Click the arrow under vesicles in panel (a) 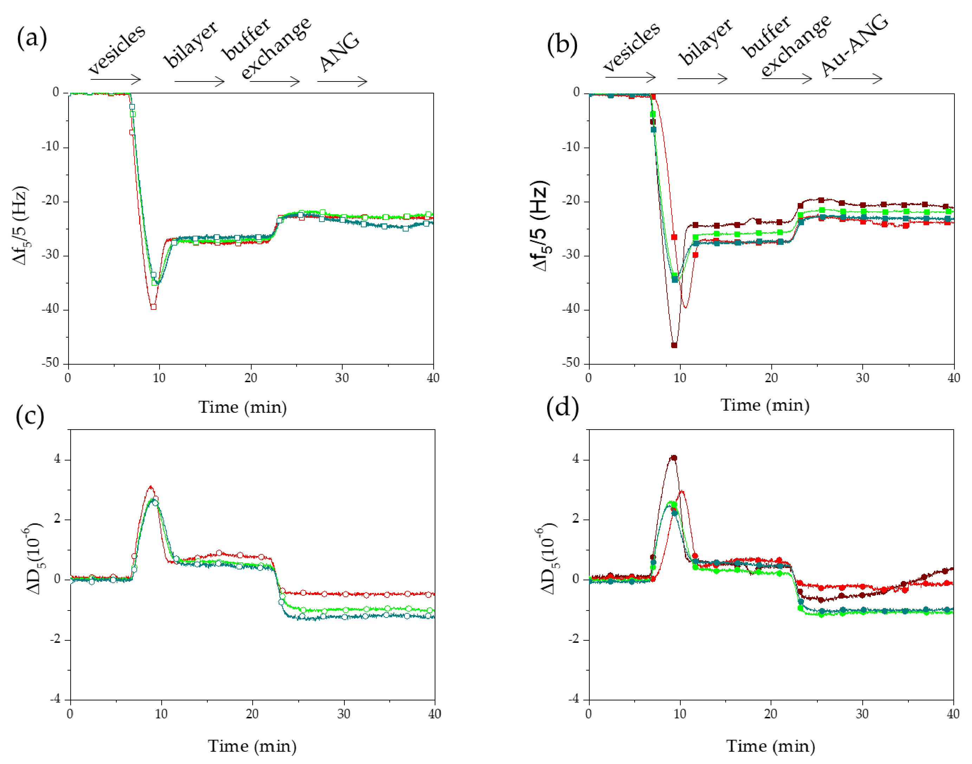[116, 80]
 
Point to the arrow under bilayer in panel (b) [702, 79]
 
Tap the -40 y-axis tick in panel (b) [571, 309]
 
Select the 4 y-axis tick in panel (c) [57, 459]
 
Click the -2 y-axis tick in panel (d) [574, 639]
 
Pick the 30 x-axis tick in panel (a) [342, 378]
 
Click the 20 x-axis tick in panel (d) [771, 713]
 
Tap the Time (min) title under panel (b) [764, 405]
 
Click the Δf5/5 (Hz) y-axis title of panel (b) [540, 226]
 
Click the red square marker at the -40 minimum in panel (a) [154, 307]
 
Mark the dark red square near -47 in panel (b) [674, 345]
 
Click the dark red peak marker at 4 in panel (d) [674, 458]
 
